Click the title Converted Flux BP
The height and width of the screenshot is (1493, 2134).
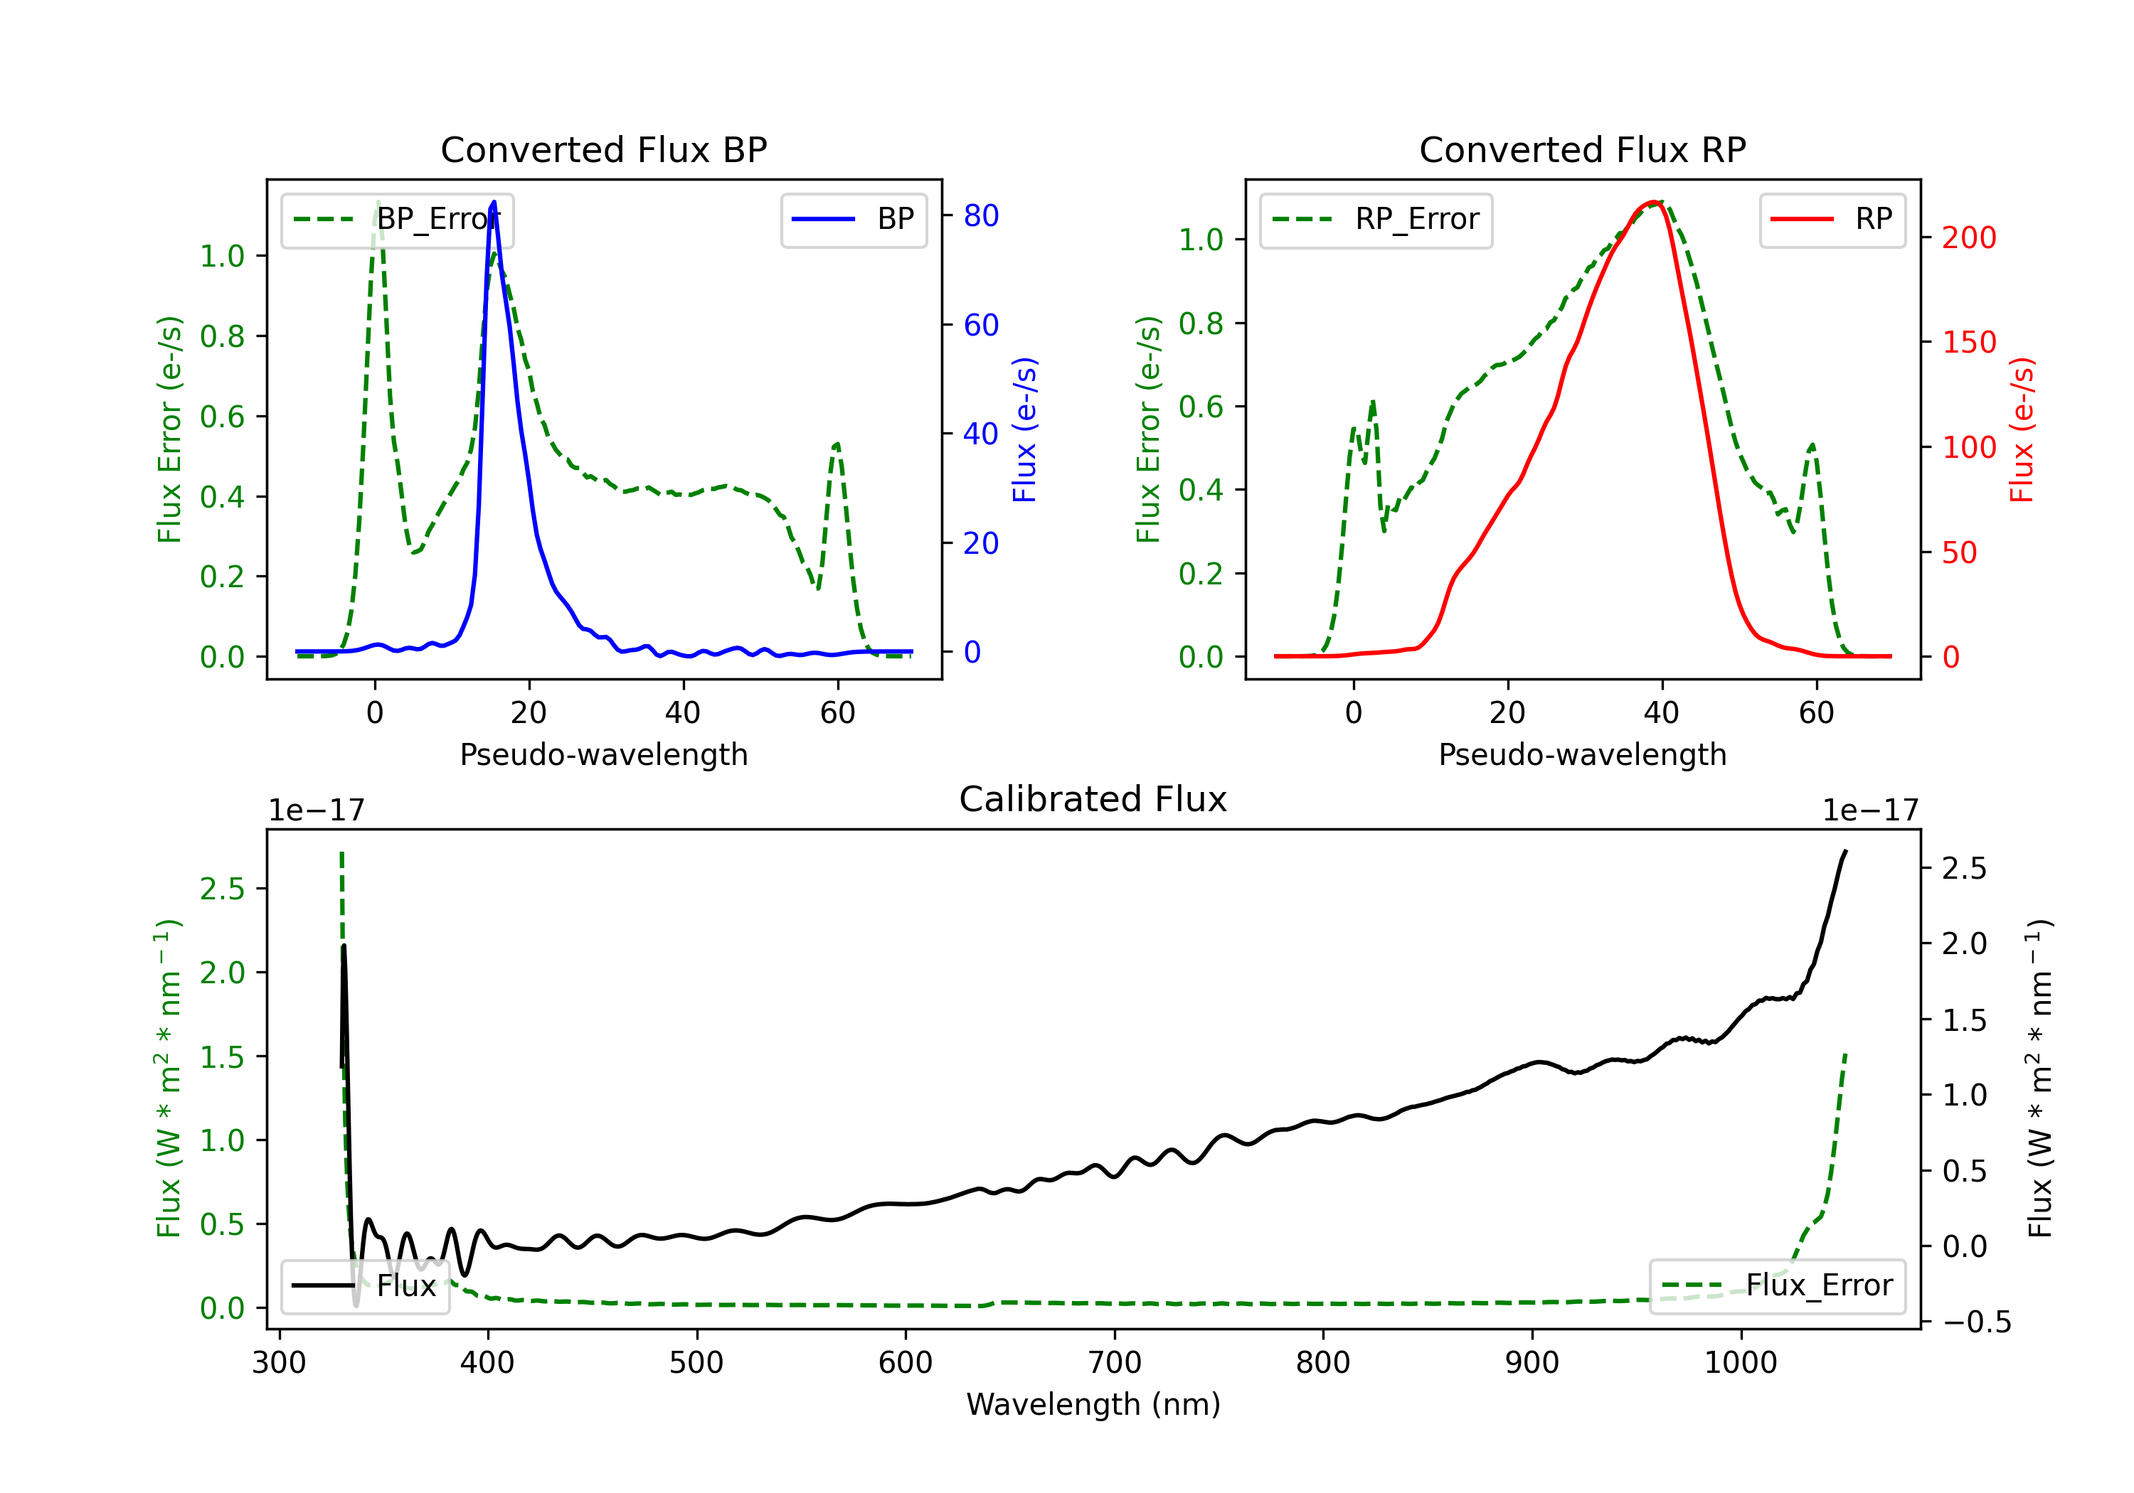[603, 149]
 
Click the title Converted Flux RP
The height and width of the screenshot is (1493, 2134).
[1582, 149]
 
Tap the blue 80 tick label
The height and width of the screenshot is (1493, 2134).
[980, 215]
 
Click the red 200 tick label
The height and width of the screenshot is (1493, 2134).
[1968, 238]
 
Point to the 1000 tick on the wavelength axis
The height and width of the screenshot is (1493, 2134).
[1740, 1363]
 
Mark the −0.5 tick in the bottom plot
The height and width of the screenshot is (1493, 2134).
[1976, 1322]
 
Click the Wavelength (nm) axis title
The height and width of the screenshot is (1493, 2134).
[1093, 1404]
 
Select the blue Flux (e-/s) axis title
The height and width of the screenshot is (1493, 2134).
[1024, 429]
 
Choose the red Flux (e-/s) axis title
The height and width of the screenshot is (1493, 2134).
[2022, 429]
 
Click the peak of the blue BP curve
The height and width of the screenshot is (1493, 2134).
[494, 203]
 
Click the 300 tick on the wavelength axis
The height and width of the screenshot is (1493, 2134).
[279, 1363]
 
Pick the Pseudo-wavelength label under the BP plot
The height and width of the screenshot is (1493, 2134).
[603, 754]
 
